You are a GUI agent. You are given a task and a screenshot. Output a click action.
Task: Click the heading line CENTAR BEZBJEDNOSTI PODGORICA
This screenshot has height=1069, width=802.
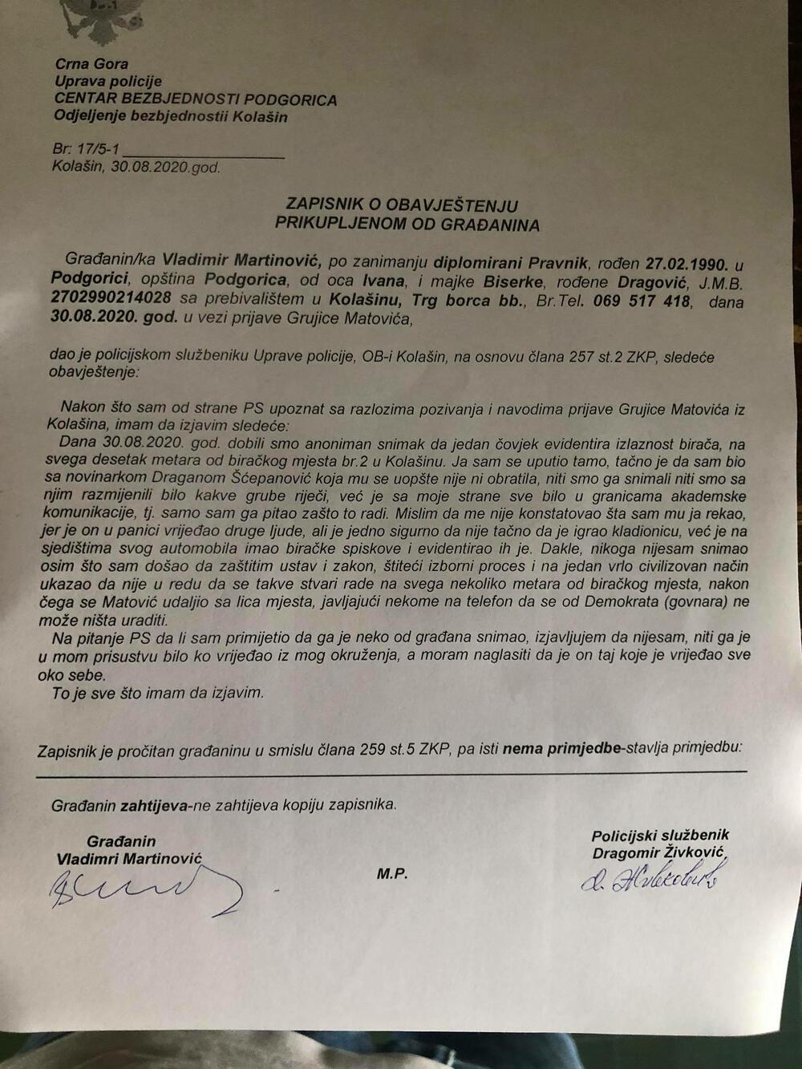[195, 100]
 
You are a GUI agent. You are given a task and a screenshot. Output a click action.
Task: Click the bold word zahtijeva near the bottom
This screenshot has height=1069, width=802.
[152, 805]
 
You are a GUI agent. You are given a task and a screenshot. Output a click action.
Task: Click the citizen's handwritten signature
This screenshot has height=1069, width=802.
[144, 889]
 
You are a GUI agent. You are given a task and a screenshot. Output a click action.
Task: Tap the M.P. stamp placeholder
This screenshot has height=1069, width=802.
[392, 874]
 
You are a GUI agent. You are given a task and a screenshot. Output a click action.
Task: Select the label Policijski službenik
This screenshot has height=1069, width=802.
[660, 835]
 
